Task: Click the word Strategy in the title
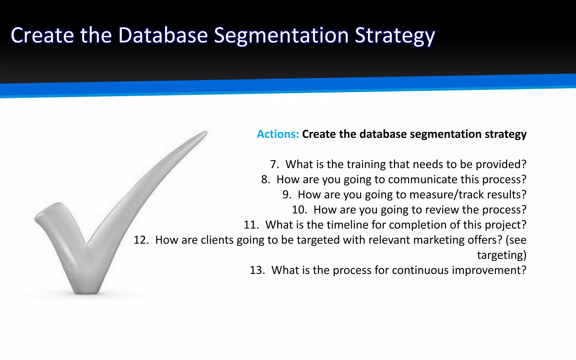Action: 395,36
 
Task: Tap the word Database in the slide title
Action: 163,35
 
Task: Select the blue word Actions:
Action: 278,134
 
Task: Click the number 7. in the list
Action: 274,164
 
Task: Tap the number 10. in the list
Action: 299,210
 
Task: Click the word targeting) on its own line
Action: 501,255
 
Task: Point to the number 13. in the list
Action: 257,270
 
